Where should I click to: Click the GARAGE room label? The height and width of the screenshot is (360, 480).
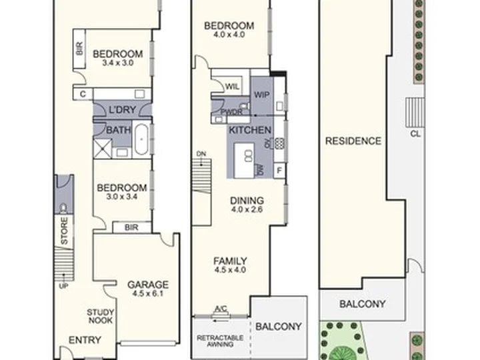tap(148, 285)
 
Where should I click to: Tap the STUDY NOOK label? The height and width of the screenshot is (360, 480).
tap(100, 316)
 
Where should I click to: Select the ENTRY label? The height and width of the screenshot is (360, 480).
tap(85, 340)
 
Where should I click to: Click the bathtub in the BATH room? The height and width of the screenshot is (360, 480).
tap(141, 139)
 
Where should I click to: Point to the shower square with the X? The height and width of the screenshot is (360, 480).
tap(102, 149)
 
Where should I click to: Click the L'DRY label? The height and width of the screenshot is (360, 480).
tap(122, 109)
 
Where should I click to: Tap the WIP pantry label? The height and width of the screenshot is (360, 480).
tap(262, 95)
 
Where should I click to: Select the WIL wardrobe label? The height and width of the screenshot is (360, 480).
tap(233, 87)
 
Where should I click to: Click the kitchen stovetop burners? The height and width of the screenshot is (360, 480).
tap(279, 143)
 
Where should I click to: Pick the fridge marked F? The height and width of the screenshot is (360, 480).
tap(279, 170)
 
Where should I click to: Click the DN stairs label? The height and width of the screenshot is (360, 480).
tap(201, 154)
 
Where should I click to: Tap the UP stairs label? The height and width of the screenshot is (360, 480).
tap(63, 286)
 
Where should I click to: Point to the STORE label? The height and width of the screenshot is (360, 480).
tap(64, 231)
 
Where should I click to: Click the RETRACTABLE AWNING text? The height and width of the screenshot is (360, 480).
tap(220, 341)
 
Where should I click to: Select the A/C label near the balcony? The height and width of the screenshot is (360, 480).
tap(221, 309)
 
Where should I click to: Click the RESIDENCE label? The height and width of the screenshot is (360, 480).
tap(353, 141)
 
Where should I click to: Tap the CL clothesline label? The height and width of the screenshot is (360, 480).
tap(415, 134)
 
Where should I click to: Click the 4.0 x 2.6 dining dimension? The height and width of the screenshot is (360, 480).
tap(247, 209)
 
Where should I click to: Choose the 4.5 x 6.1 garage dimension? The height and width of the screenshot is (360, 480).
tap(148, 293)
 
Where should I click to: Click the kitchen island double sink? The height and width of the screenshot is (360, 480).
tap(249, 156)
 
